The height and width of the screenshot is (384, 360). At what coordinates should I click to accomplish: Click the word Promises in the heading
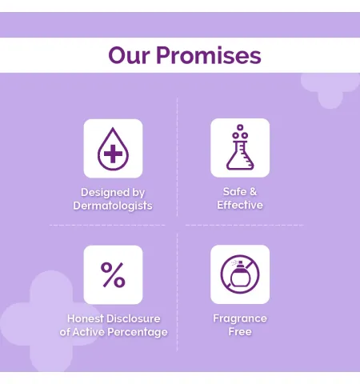point(209,55)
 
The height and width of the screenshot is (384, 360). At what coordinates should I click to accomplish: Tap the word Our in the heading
point(129,55)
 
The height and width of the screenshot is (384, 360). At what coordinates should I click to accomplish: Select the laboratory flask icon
point(240,147)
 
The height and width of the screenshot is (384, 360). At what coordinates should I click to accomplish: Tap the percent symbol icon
point(113,275)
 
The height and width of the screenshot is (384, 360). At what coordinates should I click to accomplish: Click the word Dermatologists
point(113,206)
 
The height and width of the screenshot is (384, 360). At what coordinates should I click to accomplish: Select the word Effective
point(240,205)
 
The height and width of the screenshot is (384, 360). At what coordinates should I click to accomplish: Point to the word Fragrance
point(240,318)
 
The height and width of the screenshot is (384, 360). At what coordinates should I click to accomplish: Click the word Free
point(240,332)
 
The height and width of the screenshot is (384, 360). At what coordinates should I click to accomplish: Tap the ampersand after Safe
point(254,191)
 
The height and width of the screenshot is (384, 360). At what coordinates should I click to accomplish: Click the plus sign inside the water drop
point(113,154)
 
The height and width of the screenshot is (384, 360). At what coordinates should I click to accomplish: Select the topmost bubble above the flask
point(240,127)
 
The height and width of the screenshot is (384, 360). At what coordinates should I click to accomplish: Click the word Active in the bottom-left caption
point(89,332)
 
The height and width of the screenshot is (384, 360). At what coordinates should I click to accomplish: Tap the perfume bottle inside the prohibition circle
point(240,274)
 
